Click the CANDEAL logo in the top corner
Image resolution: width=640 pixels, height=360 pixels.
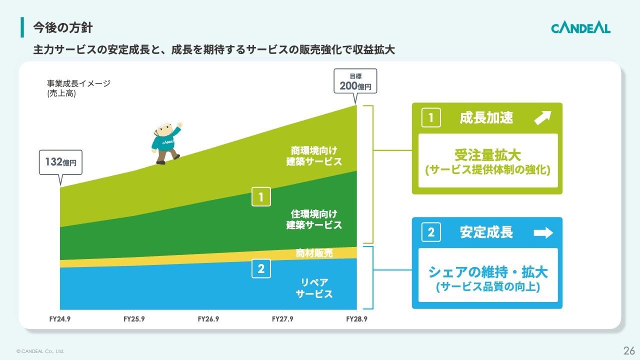pos(580,28)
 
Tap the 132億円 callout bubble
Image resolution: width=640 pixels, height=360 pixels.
pos(60,162)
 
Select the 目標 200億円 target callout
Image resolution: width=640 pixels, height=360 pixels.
pos(355,81)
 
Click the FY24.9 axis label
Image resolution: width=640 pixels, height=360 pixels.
pos(59,319)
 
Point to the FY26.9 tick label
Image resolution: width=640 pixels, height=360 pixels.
pos(208,319)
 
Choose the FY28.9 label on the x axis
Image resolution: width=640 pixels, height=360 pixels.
pos(356,319)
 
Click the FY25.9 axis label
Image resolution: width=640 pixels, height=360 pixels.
pos(134,319)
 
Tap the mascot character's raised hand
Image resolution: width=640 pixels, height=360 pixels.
pos(179,125)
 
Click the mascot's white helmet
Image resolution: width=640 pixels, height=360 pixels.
pos(163,126)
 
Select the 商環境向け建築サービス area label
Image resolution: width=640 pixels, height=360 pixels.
pos(314,156)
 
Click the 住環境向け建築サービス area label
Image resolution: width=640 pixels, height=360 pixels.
pos(314,219)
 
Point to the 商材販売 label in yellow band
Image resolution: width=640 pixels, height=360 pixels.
pos(314,253)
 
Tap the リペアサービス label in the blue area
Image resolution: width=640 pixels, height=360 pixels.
pos(314,288)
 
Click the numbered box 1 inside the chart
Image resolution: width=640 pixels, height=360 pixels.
pos(261,196)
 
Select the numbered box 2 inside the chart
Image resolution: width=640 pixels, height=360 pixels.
pos(261,268)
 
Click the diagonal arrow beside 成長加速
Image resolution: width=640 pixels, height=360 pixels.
pos(542,117)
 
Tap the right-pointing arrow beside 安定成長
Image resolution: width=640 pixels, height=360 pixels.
pos(543,232)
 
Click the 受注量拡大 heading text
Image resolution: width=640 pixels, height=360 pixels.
pos(487,155)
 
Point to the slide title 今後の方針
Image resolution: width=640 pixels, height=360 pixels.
pos(63,27)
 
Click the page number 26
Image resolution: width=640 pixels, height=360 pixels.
pos(629,350)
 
